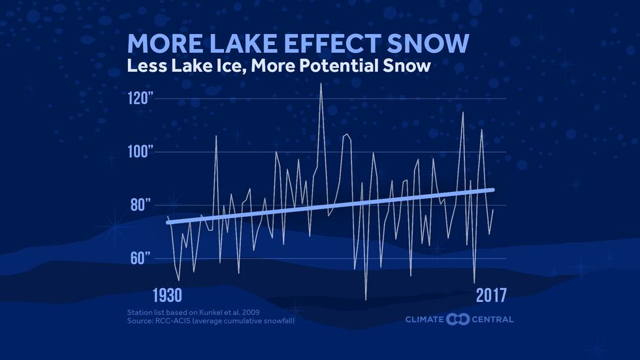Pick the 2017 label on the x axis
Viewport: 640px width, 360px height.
pos(490,294)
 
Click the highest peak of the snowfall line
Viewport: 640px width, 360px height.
pos(321,84)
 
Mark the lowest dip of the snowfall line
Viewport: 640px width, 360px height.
pos(366,299)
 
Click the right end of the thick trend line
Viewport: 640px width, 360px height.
pos(492,189)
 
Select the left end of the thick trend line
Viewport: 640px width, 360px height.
pos(168,222)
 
